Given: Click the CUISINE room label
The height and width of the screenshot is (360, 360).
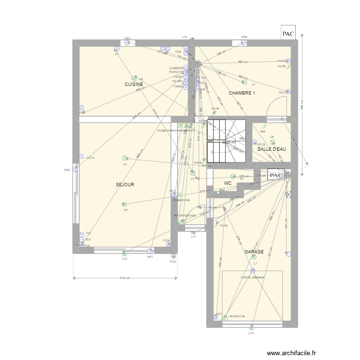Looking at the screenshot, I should point(133,84).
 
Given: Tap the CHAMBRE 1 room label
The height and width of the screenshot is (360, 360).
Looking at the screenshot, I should point(241,93).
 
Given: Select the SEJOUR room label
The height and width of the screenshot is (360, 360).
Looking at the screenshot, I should point(124,184).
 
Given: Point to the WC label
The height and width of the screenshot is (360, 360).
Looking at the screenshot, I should point(228,183).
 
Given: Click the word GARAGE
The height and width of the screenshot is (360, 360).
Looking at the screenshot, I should point(254,252).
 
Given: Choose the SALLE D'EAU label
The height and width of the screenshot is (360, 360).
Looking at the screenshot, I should point(272,149).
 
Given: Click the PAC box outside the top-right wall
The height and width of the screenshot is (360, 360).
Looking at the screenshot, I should point(288,34).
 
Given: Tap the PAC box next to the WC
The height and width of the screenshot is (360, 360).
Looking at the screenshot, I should point(276,176).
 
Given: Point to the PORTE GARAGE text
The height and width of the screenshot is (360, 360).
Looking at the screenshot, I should point(253,277).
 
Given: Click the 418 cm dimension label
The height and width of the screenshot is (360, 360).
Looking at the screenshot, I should point(124,278).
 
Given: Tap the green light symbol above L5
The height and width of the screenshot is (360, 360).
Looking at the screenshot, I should point(125,158).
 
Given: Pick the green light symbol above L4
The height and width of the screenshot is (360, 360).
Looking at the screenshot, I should point(125,204).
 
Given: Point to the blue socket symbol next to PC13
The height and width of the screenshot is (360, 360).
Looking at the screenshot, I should point(82,156).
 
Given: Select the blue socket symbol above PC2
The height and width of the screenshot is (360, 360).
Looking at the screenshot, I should point(172,256).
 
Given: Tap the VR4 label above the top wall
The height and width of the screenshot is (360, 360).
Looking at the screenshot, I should point(244,37).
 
